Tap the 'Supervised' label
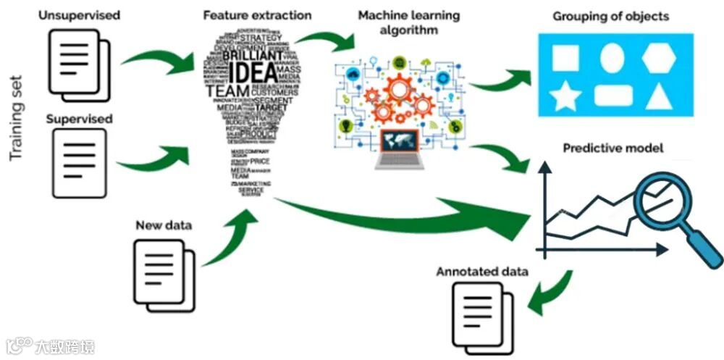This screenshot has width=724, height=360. pyautogui.click(x=80, y=118)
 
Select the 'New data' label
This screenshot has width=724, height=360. pyautogui.click(x=164, y=225)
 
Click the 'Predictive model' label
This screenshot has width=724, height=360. pyautogui.click(x=613, y=148)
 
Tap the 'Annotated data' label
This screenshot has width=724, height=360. pyautogui.click(x=481, y=272)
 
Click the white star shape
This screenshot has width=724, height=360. pyautogui.click(x=564, y=96)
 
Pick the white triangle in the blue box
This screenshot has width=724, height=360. pyautogui.click(x=659, y=96)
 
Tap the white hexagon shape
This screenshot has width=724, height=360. pyautogui.click(x=659, y=56)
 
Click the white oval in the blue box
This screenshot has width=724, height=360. pyautogui.click(x=612, y=57)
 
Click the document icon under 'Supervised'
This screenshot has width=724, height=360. pyautogui.click(x=80, y=159)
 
